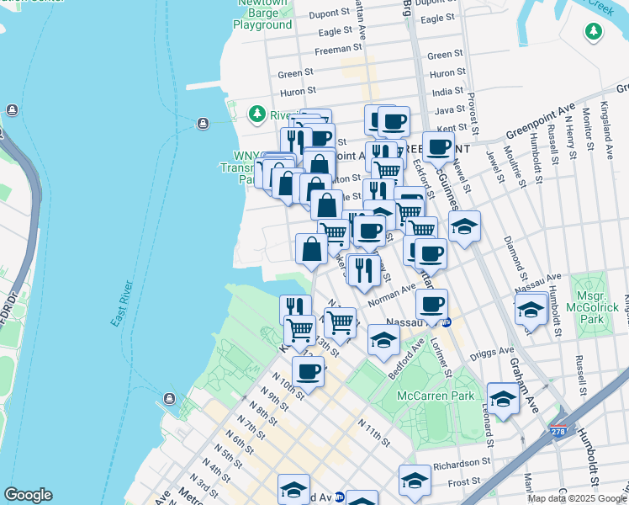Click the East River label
pyautogui.click(x=123, y=303)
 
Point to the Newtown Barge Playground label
pyautogui.click(x=262, y=19)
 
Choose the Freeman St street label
pyautogui.click(x=341, y=47)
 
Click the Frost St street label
pyautogui.click(x=464, y=482)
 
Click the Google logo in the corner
pyautogui.click(x=28, y=495)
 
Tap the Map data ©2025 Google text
pyautogui.click(x=576, y=498)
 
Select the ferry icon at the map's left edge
pyautogui.click(x=12, y=110)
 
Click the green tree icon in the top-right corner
pyautogui.click(x=594, y=31)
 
